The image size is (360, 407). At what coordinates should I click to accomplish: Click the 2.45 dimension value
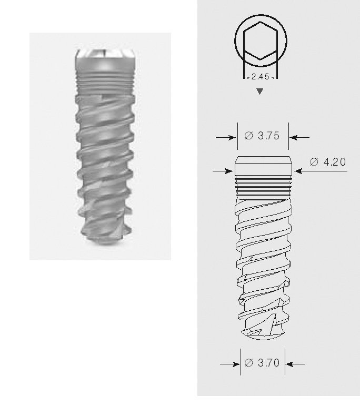click(x=260, y=77)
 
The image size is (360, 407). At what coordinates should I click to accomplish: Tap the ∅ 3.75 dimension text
click(x=262, y=136)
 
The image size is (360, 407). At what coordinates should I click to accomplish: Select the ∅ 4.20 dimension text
click(x=328, y=162)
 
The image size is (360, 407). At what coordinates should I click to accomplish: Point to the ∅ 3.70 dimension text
click(x=262, y=363)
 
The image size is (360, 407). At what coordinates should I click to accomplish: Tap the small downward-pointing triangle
click(x=259, y=92)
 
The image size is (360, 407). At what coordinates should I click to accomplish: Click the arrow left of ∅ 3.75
click(x=226, y=137)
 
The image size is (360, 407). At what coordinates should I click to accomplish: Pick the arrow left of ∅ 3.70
click(x=230, y=363)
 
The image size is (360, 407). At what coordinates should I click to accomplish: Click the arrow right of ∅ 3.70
click(x=296, y=363)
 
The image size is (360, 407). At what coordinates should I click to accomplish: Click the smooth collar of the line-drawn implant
click(x=263, y=168)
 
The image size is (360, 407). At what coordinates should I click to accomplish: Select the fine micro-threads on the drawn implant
click(x=263, y=185)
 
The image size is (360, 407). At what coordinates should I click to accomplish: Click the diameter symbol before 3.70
click(x=249, y=363)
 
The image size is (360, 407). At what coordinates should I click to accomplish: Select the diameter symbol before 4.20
click(x=314, y=162)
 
